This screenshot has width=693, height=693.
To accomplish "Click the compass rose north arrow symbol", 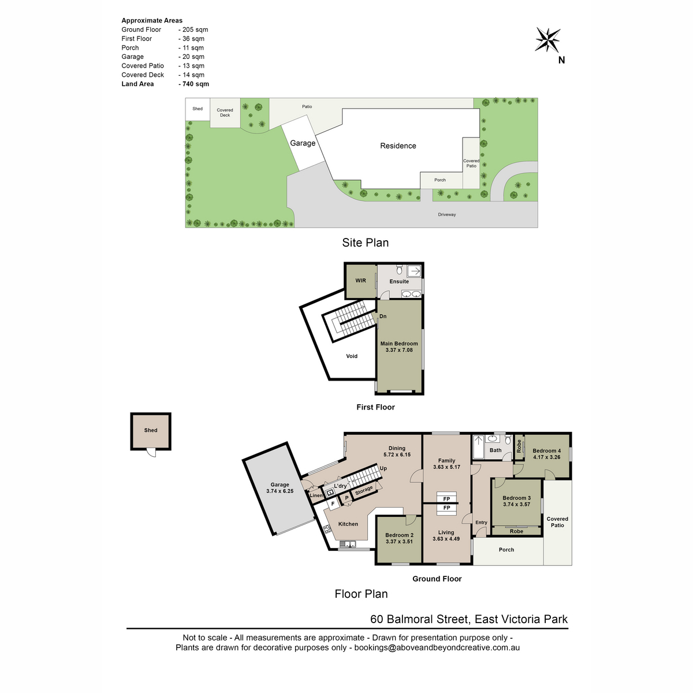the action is tap(547, 40).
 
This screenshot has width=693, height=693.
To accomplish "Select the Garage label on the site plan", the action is tap(303, 143).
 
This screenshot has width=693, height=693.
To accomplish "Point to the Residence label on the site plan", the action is tap(398, 146).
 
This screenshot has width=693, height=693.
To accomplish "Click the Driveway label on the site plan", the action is tap(446, 214).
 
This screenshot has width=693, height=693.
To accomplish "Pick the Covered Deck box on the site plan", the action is tap(225, 113).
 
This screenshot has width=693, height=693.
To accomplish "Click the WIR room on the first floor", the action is tap(361, 281).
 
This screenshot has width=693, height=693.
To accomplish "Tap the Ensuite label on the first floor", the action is tap(399, 281).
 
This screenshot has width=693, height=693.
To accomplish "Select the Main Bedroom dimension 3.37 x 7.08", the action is tap(399, 349).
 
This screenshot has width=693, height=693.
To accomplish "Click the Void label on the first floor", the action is tap(351, 356).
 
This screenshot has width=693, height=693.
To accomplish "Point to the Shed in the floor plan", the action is tap(151, 430).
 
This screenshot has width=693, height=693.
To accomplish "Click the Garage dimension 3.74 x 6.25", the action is tap(280, 491).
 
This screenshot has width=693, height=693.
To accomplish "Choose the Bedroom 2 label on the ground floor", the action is tap(399, 535).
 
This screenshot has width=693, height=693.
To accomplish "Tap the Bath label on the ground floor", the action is tap(495, 450).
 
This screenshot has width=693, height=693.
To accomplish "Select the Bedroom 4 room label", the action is tap(546, 450).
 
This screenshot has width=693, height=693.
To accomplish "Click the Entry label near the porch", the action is tap(481, 522).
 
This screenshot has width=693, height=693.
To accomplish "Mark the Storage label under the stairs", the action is tap(364, 490).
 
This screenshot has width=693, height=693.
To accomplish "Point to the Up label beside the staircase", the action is tap(383, 468).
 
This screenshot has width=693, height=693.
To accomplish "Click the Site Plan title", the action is tap(365, 243).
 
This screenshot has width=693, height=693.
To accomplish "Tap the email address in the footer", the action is tap(437, 647).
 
